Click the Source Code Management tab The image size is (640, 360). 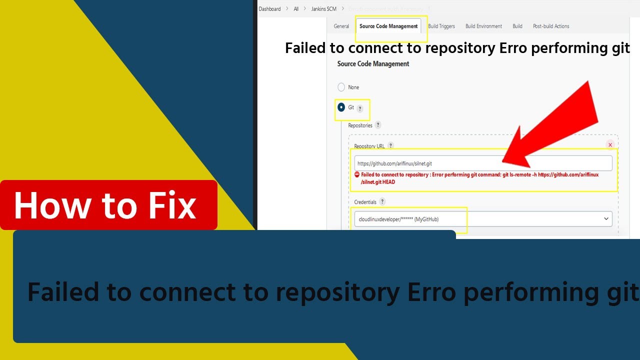(388, 26)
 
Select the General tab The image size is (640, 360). (341, 26)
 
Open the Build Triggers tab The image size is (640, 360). (441, 26)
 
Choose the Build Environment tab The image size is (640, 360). (483, 26)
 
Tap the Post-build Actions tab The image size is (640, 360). (551, 26)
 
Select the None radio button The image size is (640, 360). (341, 87)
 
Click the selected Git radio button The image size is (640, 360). (341, 107)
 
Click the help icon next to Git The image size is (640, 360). (360, 108)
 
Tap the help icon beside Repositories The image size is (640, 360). (378, 125)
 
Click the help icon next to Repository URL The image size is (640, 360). (390, 145)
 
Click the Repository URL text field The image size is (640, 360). (483, 163)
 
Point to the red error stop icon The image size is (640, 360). (357, 174)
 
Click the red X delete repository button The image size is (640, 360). (610, 145)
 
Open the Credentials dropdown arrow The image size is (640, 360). (606, 218)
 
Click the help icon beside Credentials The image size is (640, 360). (382, 201)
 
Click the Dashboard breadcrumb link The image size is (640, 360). (269, 9)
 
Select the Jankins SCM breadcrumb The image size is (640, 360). (324, 9)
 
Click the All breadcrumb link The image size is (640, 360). (296, 9)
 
